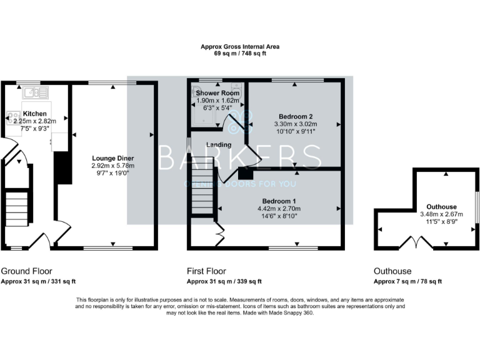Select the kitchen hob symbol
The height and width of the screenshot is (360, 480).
coord(13,116)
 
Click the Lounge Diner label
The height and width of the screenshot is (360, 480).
coord(113,158)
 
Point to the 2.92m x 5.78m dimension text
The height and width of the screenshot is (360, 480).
coord(113,166)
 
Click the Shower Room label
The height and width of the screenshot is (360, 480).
coord(214,92)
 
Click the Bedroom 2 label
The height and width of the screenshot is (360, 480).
coord(295,117)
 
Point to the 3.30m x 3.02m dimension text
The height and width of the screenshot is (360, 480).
coord(295,124)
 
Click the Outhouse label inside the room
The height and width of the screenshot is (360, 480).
coord(441,207)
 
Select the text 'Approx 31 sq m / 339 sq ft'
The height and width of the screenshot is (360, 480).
coord(224,281)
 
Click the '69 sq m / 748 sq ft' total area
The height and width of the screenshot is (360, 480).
coord(240,54)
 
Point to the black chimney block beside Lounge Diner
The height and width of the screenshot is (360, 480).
coord(61,167)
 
